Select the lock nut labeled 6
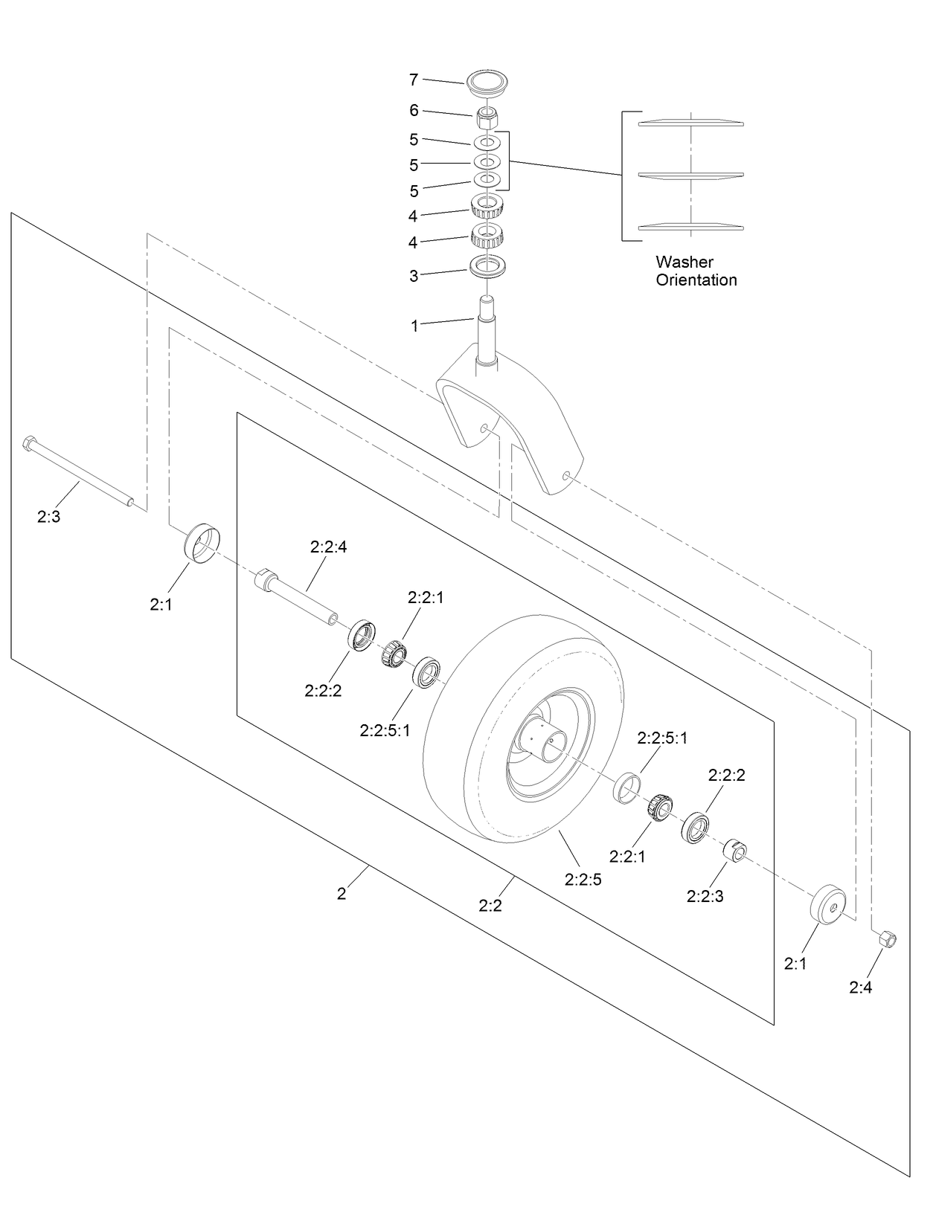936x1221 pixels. (487, 117)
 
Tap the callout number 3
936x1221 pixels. (414, 276)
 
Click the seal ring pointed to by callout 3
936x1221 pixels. (487, 265)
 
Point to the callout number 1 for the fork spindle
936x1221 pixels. (414, 326)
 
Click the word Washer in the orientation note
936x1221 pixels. (684, 262)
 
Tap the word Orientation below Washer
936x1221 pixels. (696, 280)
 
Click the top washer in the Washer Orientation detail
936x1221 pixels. (690, 123)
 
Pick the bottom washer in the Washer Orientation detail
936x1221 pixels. (690, 226)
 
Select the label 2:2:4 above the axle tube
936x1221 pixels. (328, 547)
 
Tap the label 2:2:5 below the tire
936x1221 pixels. (583, 880)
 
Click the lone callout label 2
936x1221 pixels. (342, 894)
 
